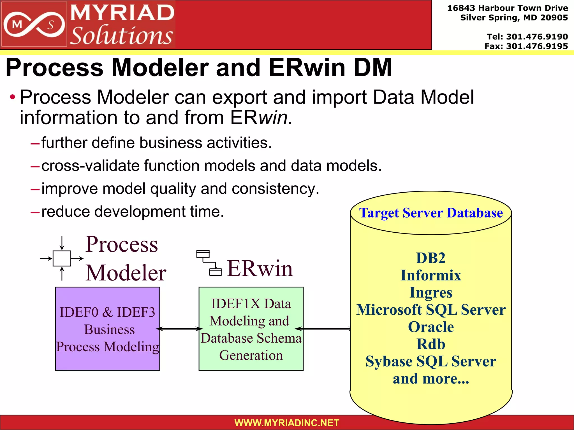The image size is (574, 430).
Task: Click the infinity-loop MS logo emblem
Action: (x=34, y=25)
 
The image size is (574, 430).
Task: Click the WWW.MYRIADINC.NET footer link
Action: (x=287, y=423)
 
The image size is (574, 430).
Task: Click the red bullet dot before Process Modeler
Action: (x=12, y=97)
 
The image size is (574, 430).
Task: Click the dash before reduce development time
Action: (x=35, y=212)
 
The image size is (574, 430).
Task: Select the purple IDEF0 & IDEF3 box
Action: (x=107, y=329)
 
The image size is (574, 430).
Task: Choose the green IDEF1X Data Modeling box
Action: (x=251, y=329)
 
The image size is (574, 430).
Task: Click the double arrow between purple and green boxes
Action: (x=179, y=329)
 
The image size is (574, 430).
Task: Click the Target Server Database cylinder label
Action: (x=431, y=213)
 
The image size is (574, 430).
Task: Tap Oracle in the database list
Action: (x=431, y=327)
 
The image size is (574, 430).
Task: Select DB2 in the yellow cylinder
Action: (x=431, y=258)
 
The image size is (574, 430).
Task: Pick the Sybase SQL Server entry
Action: (x=431, y=361)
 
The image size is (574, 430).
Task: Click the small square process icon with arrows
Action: (x=62, y=258)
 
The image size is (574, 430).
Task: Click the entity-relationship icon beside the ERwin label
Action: (x=209, y=263)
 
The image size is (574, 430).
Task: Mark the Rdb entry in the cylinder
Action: (x=431, y=344)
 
